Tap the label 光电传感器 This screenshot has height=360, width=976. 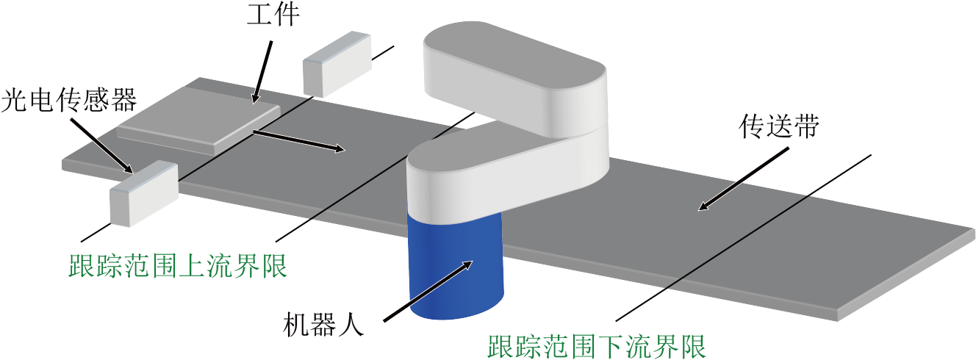point(69,100)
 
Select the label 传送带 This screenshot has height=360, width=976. point(778,126)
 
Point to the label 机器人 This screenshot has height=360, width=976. point(323,325)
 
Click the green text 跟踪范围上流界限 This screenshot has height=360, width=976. point(178,265)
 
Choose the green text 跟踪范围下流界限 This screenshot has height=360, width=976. point(597,346)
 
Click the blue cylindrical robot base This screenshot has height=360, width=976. point(456,265)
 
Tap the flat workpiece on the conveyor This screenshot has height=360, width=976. point(198,120)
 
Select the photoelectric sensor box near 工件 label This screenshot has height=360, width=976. point(337,64)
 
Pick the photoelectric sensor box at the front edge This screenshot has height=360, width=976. point(144,193)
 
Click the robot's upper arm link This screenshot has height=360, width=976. point(514,79)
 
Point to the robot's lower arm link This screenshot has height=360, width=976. point(508,174)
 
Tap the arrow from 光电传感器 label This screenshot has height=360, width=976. point(101,145)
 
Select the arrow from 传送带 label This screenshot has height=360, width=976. point(743,179)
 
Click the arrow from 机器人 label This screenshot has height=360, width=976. point(428,291)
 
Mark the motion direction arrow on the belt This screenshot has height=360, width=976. point(299,141)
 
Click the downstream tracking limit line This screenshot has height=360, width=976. point(743,238)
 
